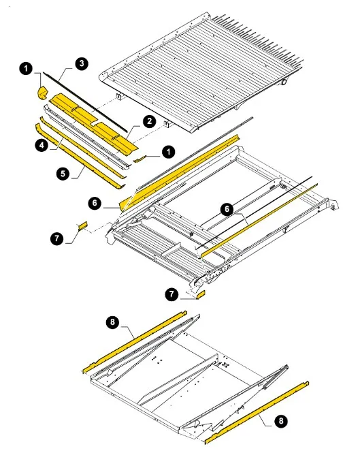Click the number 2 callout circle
149,121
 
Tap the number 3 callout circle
82,63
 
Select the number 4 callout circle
42,144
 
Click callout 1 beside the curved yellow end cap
27,69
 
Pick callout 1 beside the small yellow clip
169,151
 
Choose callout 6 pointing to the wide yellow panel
95,202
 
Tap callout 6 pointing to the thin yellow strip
227,209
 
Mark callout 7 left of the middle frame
56,238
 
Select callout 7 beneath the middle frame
172,294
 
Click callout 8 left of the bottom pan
112,321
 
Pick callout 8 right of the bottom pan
280,421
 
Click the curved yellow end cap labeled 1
43,93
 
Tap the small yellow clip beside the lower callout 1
139,159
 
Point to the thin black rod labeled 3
86,102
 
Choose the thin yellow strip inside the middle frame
259,219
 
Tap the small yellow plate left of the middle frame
82,225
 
